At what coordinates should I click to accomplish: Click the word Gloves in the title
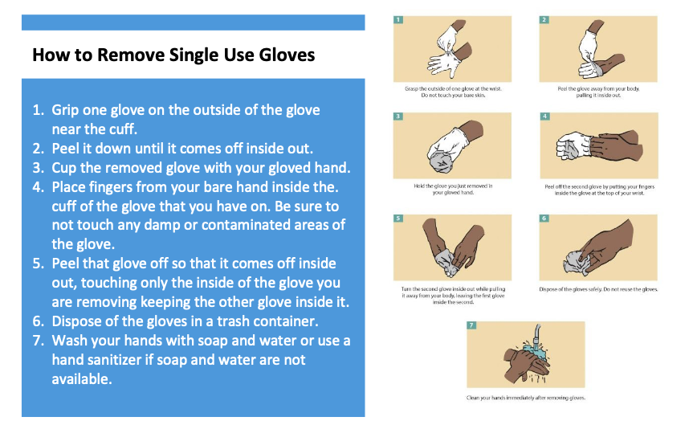[x=287, y=55]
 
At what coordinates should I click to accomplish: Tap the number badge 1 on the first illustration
[x=398, y=19]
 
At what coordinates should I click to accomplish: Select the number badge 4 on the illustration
[x=544, y=116]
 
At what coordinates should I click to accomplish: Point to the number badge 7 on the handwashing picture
[x=471, y=325]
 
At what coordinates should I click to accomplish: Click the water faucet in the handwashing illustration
[x=536, y=335]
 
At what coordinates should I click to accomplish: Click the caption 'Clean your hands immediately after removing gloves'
[x=525, y=398]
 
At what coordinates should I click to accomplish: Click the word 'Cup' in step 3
[x=63, y=168]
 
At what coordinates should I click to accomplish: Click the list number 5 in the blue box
[x=38, y=264]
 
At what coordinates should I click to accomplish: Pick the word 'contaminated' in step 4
[x=245, y=225]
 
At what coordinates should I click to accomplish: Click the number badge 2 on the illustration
[x=544, y=19]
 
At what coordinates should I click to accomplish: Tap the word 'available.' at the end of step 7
[x=82, y=379]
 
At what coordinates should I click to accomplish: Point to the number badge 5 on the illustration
[x=398, y=218]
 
